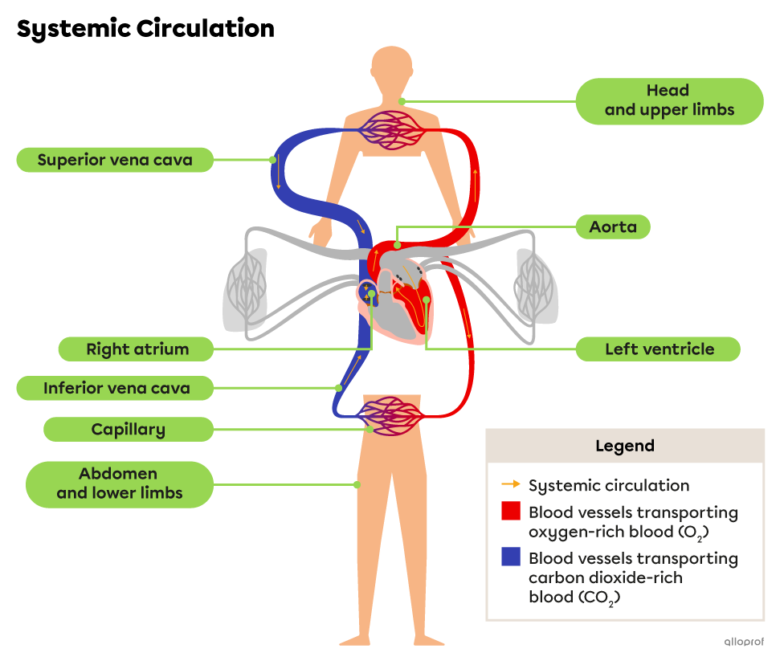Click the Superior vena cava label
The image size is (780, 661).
115,160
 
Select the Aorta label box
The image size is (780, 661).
613,227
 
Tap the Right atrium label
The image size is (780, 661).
137,349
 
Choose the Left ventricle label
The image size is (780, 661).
659,349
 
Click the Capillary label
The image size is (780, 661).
129,430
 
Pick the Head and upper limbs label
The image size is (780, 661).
669,101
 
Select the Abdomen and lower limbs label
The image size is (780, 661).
120,484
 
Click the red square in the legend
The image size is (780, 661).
511,512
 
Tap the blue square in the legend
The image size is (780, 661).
511,557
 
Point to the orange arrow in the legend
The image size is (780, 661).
510,485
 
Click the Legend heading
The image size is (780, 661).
624,446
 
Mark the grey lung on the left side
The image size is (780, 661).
244,290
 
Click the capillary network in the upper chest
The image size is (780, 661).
390,129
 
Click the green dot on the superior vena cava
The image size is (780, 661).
273,160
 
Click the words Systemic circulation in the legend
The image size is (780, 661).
608,485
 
